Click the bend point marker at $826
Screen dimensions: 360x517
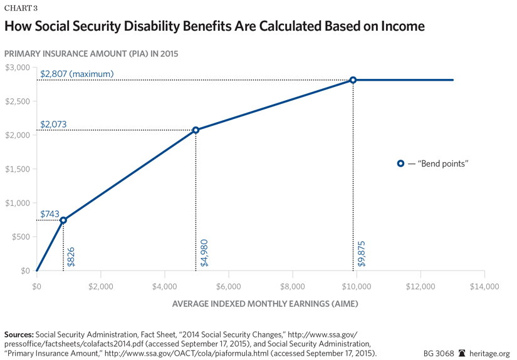[63, 220]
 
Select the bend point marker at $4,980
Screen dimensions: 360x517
[196, 130]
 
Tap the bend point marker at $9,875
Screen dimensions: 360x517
[353, 80]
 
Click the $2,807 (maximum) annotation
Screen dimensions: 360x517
[76, 74]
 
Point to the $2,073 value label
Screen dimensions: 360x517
[53, 125]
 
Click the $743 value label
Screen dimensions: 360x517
[50, 214]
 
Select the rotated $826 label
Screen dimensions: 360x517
[71, 257]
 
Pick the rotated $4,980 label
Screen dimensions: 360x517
[204, 253]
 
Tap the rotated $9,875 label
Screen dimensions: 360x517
[361, 253]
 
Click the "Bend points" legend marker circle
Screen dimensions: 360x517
[400, 163]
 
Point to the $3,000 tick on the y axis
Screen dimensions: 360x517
[18, 67]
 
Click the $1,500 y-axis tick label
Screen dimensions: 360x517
[18, 169]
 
